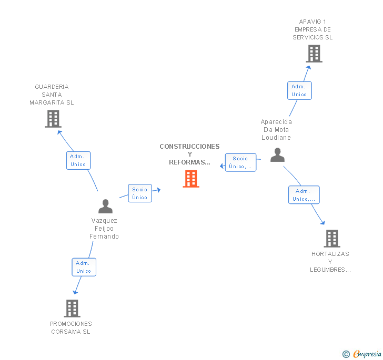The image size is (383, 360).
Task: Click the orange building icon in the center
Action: click(x=190, y=179)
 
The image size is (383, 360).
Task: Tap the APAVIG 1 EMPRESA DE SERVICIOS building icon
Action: click(x=314, y=54)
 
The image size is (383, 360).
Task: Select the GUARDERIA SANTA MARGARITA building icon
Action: click(x=53, y=119)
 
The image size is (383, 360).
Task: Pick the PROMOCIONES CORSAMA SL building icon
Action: click(x=72, y=308)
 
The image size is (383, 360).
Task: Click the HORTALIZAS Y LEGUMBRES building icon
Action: click(x=331, y=239)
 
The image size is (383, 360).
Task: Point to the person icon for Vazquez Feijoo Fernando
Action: click(x=105, y=207)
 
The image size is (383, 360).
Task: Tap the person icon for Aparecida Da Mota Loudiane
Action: click(x=277, y=155)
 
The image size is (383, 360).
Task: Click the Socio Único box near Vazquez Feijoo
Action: click(x=140, y=193)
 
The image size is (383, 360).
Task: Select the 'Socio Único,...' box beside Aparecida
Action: click(x=240, y=162)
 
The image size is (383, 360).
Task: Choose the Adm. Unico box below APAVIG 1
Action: click(x=299, y=90)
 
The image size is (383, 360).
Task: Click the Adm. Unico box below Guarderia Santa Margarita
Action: click(x=78, y=160)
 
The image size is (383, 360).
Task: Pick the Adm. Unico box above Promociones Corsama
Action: click(x=84, y=267)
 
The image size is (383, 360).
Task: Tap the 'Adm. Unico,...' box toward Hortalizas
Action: click(x=304, y=195)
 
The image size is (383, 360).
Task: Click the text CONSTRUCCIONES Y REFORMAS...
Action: click(x=189, y=154)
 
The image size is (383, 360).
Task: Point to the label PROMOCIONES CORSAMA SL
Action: click(x=71, y=327)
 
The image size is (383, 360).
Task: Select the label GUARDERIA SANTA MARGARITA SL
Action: click(x=52, y=95)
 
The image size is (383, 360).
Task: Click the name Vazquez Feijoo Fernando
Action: click(x=104, y=229)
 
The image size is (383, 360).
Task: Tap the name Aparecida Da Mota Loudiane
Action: click(x=276, y=130)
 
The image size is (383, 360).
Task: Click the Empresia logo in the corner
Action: click(x=362, y=354)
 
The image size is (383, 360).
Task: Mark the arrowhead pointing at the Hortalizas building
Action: click(x=322, y=223)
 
